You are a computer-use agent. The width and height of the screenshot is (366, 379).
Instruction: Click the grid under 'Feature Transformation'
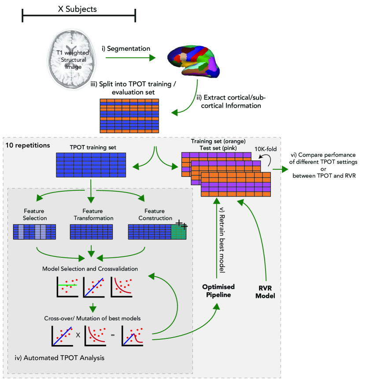click(x=92, y=232)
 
